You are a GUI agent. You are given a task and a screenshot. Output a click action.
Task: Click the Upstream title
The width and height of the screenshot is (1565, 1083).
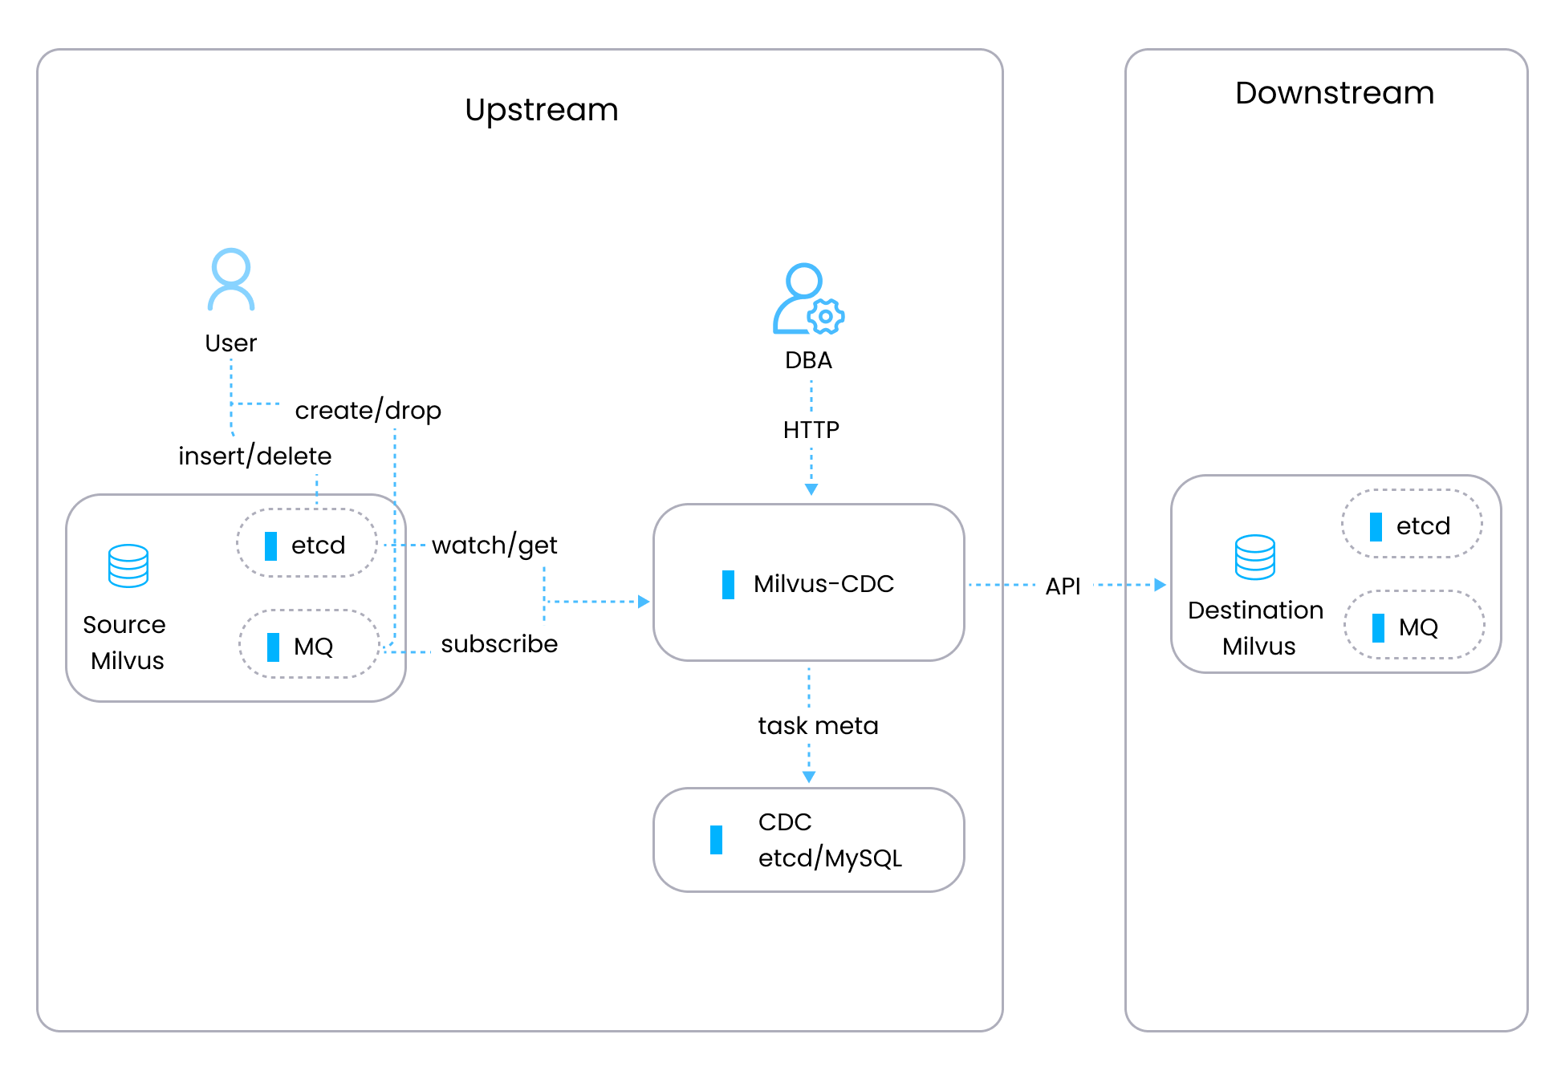[542, 110]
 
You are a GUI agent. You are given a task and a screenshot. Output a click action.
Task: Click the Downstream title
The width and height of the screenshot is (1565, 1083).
[1334, 93]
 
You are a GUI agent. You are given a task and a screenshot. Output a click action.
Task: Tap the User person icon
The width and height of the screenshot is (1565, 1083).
[231, 279]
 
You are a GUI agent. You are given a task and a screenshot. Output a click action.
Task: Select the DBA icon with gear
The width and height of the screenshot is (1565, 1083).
[808, 298]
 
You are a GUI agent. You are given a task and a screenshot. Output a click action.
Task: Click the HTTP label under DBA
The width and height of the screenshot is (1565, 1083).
[811, 430]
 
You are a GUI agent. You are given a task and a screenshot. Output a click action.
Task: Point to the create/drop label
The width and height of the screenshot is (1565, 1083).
[368, 411]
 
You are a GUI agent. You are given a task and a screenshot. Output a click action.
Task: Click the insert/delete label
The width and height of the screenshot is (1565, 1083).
[254, 456]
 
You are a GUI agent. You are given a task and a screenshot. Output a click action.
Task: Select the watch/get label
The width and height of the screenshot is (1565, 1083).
[494, 546]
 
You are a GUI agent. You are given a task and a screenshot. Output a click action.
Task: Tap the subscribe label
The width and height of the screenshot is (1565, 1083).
[498, 644]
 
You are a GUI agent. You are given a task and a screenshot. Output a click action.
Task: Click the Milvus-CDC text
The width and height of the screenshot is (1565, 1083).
[823, 584]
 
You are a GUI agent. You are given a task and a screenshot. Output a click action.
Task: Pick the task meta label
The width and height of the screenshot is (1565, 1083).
[818, 726]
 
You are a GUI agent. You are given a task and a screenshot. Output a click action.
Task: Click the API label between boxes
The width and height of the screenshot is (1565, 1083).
[1063, 586]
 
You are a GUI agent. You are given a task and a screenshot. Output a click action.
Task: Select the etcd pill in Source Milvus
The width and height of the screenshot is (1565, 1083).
[307, 544]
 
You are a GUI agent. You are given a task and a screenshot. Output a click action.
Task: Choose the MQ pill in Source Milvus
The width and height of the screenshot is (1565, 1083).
[309, 645]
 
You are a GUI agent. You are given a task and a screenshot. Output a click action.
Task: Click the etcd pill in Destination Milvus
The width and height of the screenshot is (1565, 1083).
[1412, 525]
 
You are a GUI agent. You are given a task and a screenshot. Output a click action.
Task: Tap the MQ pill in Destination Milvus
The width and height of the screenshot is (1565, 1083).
[1414, 626]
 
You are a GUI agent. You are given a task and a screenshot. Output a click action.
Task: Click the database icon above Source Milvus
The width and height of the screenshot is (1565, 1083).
[128, 566]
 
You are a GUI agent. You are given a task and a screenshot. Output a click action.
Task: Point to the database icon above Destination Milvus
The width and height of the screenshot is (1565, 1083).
[1254, 557]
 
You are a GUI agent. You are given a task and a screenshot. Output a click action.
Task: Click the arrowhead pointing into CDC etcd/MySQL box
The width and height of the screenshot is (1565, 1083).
[809, 777]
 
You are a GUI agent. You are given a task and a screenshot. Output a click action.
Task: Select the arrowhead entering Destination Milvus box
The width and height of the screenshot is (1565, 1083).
[1160, 585]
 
